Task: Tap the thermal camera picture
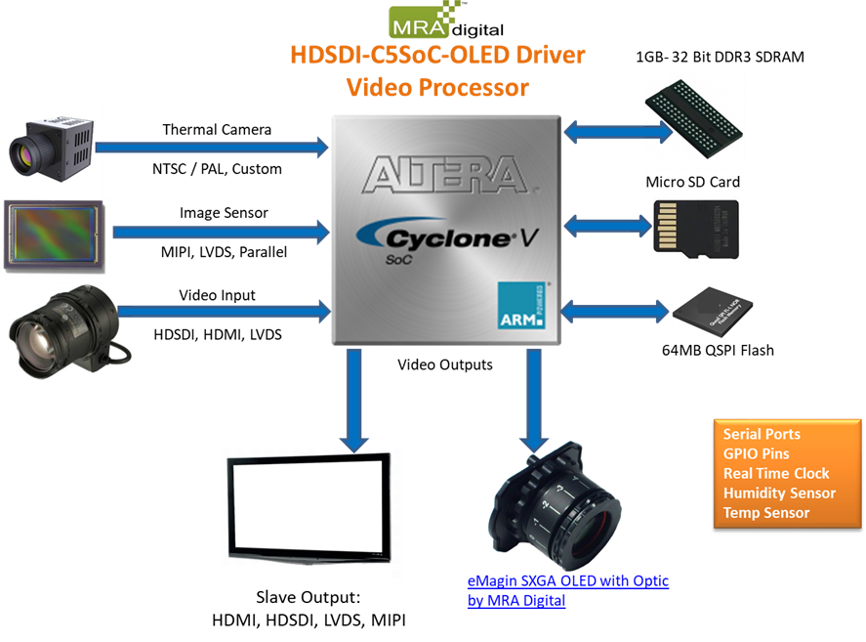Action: coord(51,148)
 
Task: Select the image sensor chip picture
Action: coord(54,236)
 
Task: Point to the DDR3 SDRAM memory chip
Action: coord(694,118)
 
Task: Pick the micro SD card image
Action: coord(696,229)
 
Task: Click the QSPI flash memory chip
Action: coord(712,312)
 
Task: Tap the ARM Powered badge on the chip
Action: coord(522,305)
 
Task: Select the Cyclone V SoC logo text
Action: coord(447,240)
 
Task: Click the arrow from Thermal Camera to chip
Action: coord(212,148)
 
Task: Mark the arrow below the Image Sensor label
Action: coord(222,232)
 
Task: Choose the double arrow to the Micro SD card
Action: coord(608,226)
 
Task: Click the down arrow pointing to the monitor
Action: coord(354,401)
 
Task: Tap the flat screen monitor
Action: coord(309,507)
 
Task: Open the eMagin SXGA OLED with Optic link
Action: coord(568,590)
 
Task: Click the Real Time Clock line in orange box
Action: coord(776,473)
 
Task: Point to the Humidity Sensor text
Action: coord(779,492)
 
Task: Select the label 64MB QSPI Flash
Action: coord(718,350)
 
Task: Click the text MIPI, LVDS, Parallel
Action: coord(224,252)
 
